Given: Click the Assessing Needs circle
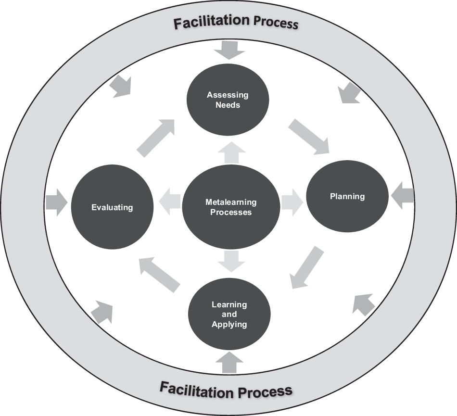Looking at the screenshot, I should coord(228,100).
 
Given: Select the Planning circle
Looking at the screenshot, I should coord(347,196).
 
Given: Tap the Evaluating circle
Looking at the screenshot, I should coord(112,207).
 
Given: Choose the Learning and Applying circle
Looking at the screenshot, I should coord(229,315).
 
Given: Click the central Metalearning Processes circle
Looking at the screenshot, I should coord(231,207).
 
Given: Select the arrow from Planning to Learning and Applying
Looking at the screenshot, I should coord(307,267).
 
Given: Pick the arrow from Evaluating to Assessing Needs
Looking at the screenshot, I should coord(155,138).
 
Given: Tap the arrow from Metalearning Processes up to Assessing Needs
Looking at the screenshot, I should coord(231,152).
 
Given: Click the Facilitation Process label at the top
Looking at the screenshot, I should coord(236,22).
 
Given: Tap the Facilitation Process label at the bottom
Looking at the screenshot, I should coord(226,390).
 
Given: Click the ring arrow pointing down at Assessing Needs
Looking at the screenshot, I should coord(229,50).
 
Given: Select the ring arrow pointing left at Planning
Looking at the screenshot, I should coord(403,196).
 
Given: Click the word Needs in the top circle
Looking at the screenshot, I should coord(228,105).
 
